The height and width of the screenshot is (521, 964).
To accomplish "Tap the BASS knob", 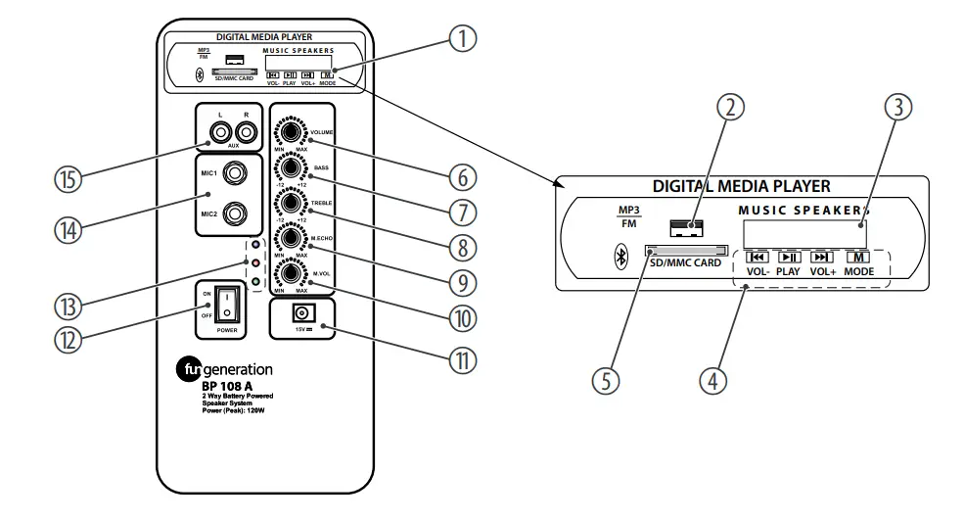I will coord(292,166).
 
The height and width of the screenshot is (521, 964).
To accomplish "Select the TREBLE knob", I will coord(292,202).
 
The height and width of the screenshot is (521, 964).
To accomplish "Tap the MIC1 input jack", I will coord(235,174).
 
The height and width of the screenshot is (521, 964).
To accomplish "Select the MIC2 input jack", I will coord(235,212).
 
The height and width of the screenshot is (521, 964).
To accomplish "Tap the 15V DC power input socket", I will coord(302,315).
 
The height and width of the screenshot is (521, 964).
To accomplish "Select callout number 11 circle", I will coord(461,359).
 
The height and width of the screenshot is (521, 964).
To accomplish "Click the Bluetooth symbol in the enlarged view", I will coord(619,258).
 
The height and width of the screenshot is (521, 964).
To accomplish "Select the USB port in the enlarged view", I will coord(687,228).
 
